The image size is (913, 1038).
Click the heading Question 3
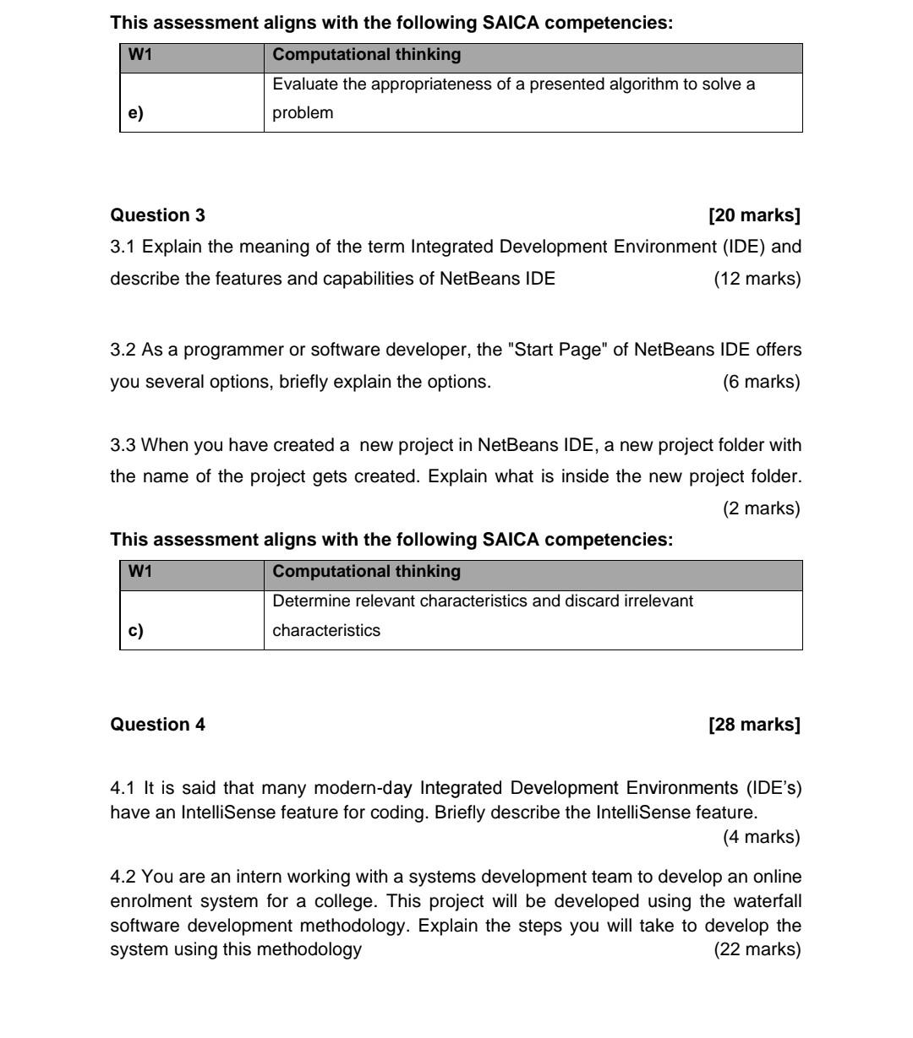[x=157, y=215]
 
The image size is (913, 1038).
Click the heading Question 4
[x=157, y=725]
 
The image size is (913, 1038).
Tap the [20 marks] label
[x=754, y=215]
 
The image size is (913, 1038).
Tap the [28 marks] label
[x=754, y=725]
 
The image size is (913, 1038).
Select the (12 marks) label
[x=757, y=279]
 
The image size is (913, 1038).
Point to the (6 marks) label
[x=761, y=382]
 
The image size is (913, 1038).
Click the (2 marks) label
[x=761, y=508]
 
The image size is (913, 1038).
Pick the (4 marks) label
[x=761, y=837]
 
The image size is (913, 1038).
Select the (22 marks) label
[x=757, y=949]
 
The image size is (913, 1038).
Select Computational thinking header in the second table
[x=367, y=572]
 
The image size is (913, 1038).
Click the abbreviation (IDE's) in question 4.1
[x=773, y=789]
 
